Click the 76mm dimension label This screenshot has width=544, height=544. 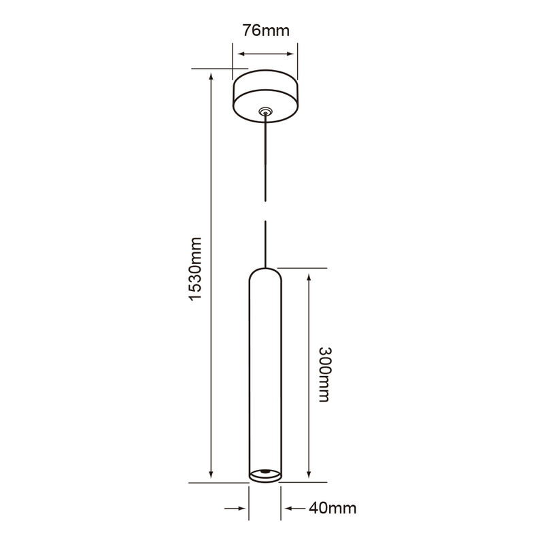click(x=265, y=31)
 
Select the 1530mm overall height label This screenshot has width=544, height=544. click(x=195, y=269)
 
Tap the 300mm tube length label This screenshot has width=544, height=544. click(x=324, y=373)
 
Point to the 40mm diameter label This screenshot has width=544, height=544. click(x=333, y=508)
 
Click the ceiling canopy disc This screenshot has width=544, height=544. click(x=265, y=95)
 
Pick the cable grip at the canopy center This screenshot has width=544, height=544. click(x=265, y=110)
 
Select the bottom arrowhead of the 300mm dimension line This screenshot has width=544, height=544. click(x=309, y=476)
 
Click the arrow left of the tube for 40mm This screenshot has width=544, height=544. click(x=241, y=508)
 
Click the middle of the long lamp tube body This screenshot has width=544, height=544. click(x=265, y=374)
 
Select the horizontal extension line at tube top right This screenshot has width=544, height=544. click(x=299, y=268)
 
